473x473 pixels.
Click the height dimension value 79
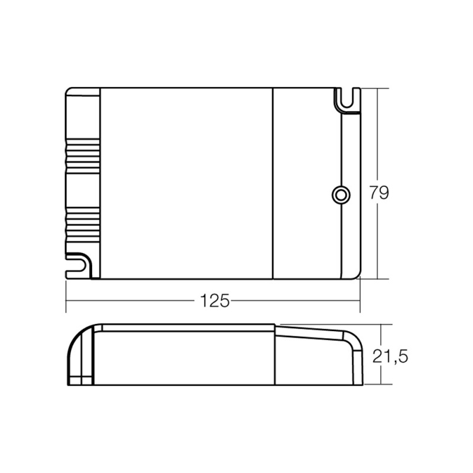pyautogui.click(x=379, y=193)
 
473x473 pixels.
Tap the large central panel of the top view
pyautogui.click(x=186, y=183)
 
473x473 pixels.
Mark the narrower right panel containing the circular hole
pyautogui.click(x=307, y=183)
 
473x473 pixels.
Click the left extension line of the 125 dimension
pyautogui.click(x=65, y=296)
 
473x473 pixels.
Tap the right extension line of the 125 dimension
pyautogui.click(x=360, y=296)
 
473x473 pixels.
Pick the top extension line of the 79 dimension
pyautogui.click(x=375, y=88)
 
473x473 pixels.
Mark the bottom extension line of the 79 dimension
pyautogui.click(x=375, y=278)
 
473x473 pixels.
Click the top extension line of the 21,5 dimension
pyautogui.click(x=378, y=324)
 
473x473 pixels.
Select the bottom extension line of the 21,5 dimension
pyautogui.click(x=378, y=385)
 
